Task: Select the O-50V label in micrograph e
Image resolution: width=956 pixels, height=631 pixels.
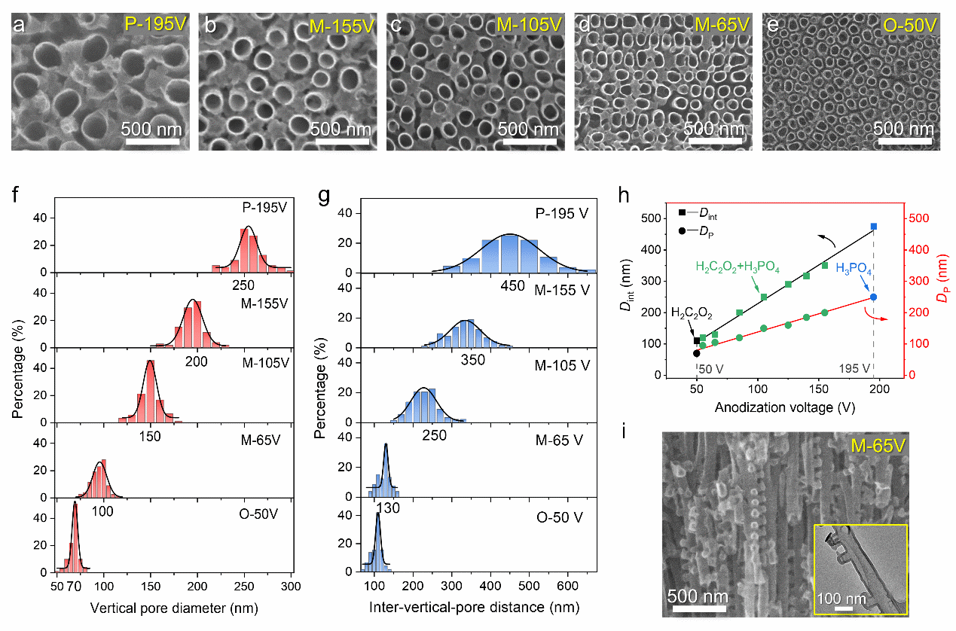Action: (909, 25)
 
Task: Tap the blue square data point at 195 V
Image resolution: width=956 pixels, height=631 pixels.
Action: (874, 227)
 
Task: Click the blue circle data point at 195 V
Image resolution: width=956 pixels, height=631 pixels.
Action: (874, 297)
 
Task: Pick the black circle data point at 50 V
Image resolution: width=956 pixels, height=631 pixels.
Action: (696, 353)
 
